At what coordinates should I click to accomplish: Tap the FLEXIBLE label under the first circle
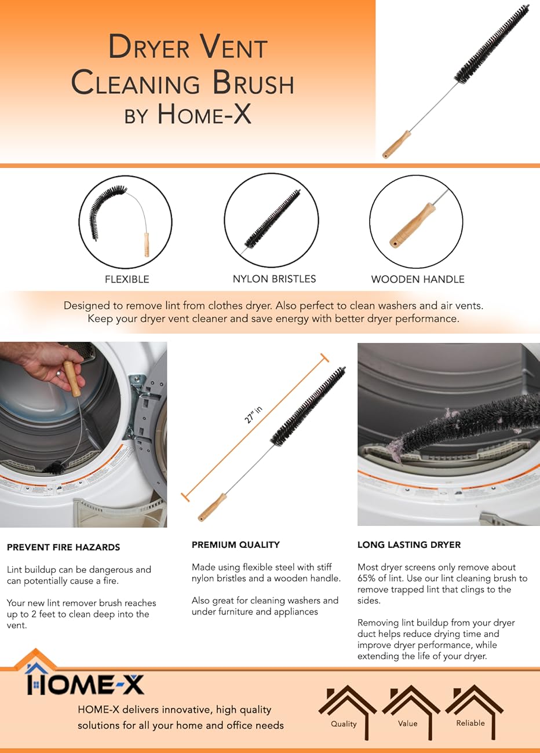pos(127,279)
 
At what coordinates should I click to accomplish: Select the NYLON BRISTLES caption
pos(274,279)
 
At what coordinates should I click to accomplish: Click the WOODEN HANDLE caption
pos(417,279)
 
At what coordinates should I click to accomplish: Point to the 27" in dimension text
pos(254,415)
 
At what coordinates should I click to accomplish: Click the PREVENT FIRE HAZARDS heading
pos(63,547)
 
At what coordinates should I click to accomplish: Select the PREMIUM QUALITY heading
pos(235,544)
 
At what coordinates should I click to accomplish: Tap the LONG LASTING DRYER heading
pos(408,544)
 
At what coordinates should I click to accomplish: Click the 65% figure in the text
pos(367,579)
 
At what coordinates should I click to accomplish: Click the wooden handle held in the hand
pos(72,378)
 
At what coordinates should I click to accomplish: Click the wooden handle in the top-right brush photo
pos(397,144)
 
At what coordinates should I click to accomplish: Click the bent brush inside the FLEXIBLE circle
pos(104,210)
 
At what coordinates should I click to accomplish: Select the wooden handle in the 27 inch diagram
pos(212,507)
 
